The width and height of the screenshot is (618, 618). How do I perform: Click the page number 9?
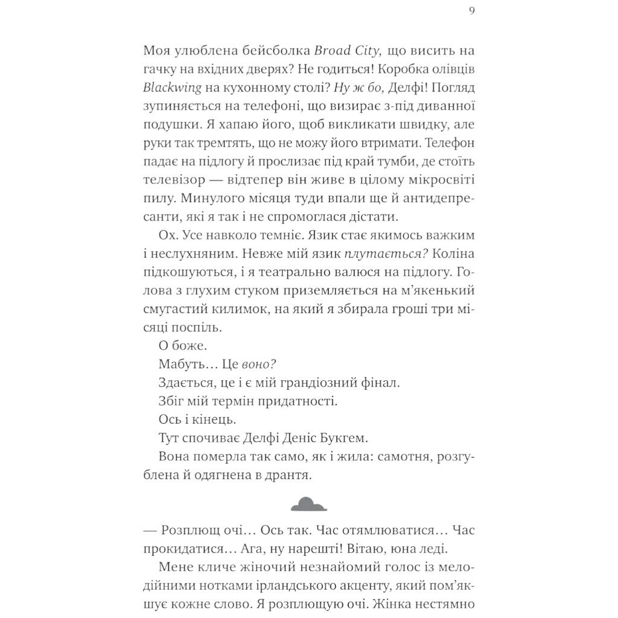471,10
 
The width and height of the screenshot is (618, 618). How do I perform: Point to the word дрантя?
285,476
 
